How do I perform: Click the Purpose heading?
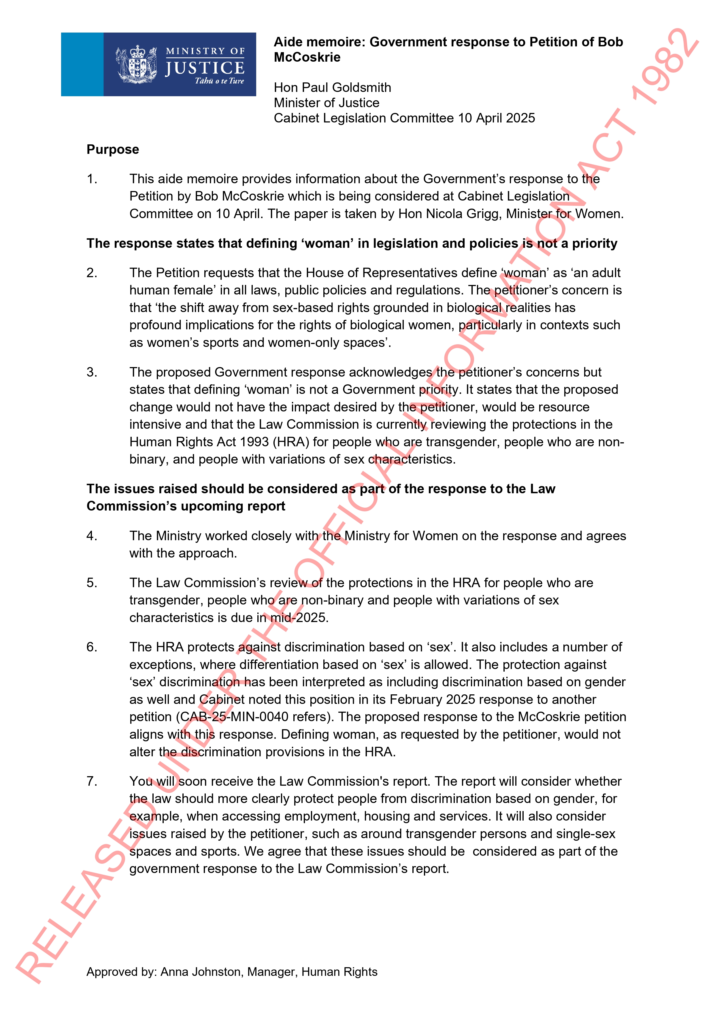point(113,150)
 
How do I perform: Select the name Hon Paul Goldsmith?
point(332,88)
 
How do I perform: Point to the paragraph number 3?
point(92,373)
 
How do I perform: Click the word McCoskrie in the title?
point(307,57)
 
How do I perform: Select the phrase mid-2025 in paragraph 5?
point(299,618)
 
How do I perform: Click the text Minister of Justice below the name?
point(327,103)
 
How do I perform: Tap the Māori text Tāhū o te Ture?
point(219,81)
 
